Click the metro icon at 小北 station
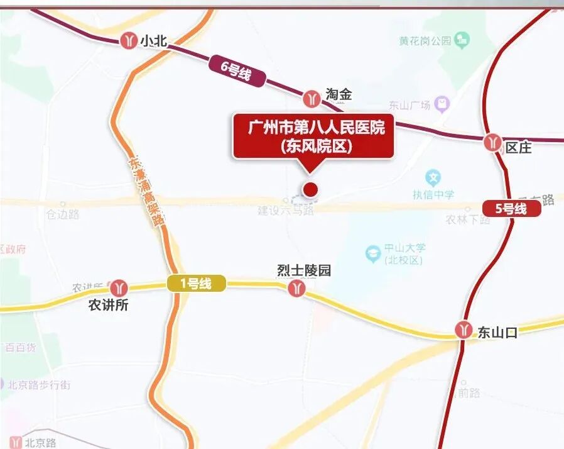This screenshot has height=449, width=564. pos(129,40)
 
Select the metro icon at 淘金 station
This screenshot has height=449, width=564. pos(312,98)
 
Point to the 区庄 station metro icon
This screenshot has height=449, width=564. pos(492,142)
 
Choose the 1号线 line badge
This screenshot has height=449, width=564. pos(196,284)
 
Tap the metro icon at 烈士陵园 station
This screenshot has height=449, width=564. pos(296,289)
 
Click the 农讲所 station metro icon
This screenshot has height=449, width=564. pos(118,287)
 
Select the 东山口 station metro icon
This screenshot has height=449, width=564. pos(465,330)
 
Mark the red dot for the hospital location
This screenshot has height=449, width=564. pos(310,189)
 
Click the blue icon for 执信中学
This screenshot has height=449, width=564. pos(433,177)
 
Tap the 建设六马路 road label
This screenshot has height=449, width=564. pos(286,211)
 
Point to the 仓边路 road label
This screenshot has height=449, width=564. pos(62,214)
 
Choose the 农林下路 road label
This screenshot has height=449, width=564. pos(467,219)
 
